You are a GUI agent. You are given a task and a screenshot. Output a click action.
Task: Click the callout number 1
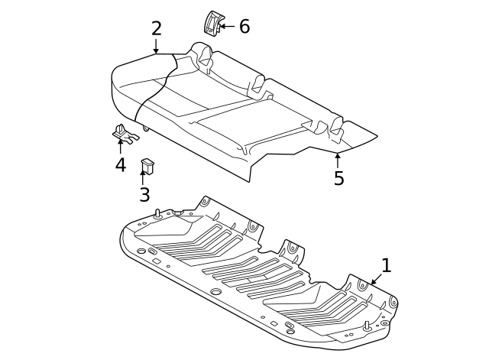386,266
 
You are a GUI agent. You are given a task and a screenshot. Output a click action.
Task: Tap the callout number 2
157,29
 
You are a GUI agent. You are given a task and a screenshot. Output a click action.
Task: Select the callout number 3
144,194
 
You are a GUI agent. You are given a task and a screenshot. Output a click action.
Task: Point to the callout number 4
121,164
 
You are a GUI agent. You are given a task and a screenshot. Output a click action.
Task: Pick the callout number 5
338,178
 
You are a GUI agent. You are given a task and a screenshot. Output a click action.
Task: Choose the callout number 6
244,27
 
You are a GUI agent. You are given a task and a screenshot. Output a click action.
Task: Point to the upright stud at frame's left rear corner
157,213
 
